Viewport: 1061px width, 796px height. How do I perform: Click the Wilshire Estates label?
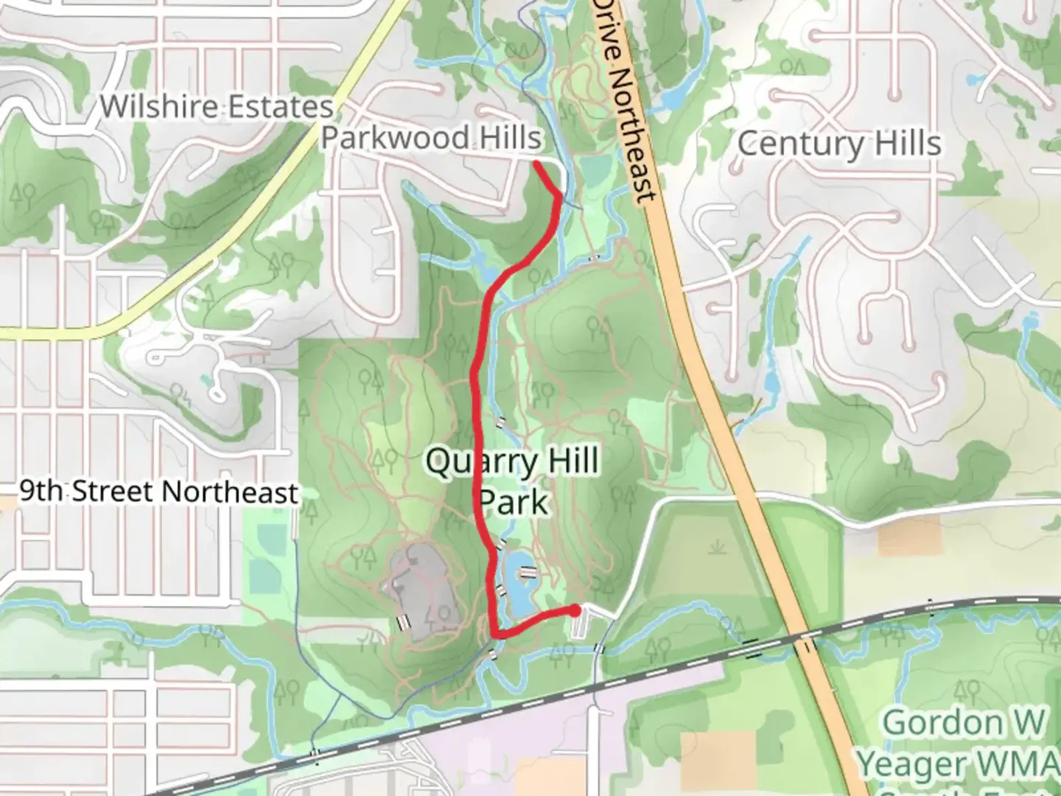point(217,107)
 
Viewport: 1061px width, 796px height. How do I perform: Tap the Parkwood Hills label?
point(431,138)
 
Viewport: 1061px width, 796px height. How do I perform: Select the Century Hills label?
point(839,143)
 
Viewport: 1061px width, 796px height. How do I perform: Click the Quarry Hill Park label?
point(513,482)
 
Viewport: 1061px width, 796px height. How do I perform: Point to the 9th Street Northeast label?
point(159,492)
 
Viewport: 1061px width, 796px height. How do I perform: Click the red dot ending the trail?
point(575,610)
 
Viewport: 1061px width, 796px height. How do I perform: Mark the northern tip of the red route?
point(536,163)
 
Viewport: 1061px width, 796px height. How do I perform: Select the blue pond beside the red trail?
point(517,582)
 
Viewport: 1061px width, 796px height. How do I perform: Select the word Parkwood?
point(394,138)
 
